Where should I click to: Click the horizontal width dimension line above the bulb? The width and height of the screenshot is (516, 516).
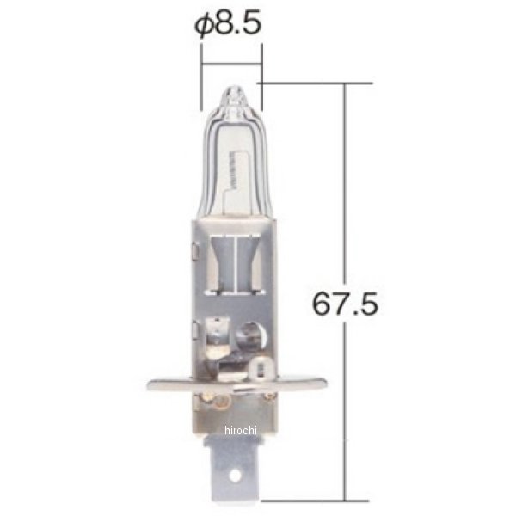(x=230, y=61)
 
